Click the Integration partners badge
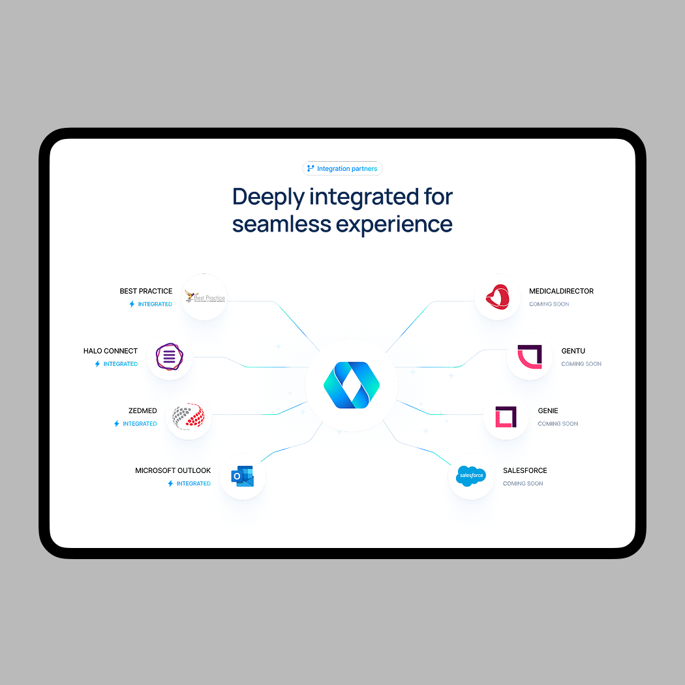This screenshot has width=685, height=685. click(x=342, y=169)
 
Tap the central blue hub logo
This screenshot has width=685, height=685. click(x=352, y=386)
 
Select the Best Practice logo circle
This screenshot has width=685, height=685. click(x=204, y=297)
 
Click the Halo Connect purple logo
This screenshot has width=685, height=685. click(x=170, y=357)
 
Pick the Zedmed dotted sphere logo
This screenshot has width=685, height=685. click(x=189, y=416)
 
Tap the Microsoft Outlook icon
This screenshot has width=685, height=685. click(x=243, y=477)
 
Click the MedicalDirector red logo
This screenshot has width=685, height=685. click(x=498, y=297)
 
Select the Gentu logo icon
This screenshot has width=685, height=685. click(x=530, y=357)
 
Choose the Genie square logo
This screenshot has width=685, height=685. click(x=506, y=416)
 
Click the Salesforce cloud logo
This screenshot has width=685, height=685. click(x=471, y=476)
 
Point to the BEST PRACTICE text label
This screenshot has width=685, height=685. click(x=146, y=291)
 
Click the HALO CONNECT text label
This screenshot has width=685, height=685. click(x=110, y=351)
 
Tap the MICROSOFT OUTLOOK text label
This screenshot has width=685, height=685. click(x=173, y=470)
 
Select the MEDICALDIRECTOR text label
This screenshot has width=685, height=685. click(x=561, y=291)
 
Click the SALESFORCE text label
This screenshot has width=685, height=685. click(x=525, y=470)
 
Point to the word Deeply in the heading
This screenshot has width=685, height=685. click(x=267, y=196)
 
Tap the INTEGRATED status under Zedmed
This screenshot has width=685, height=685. click(x=140, y=424)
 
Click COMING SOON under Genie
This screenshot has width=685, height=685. click(x=558, y=424)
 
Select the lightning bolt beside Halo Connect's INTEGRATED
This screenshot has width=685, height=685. click(x=98, y=364)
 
